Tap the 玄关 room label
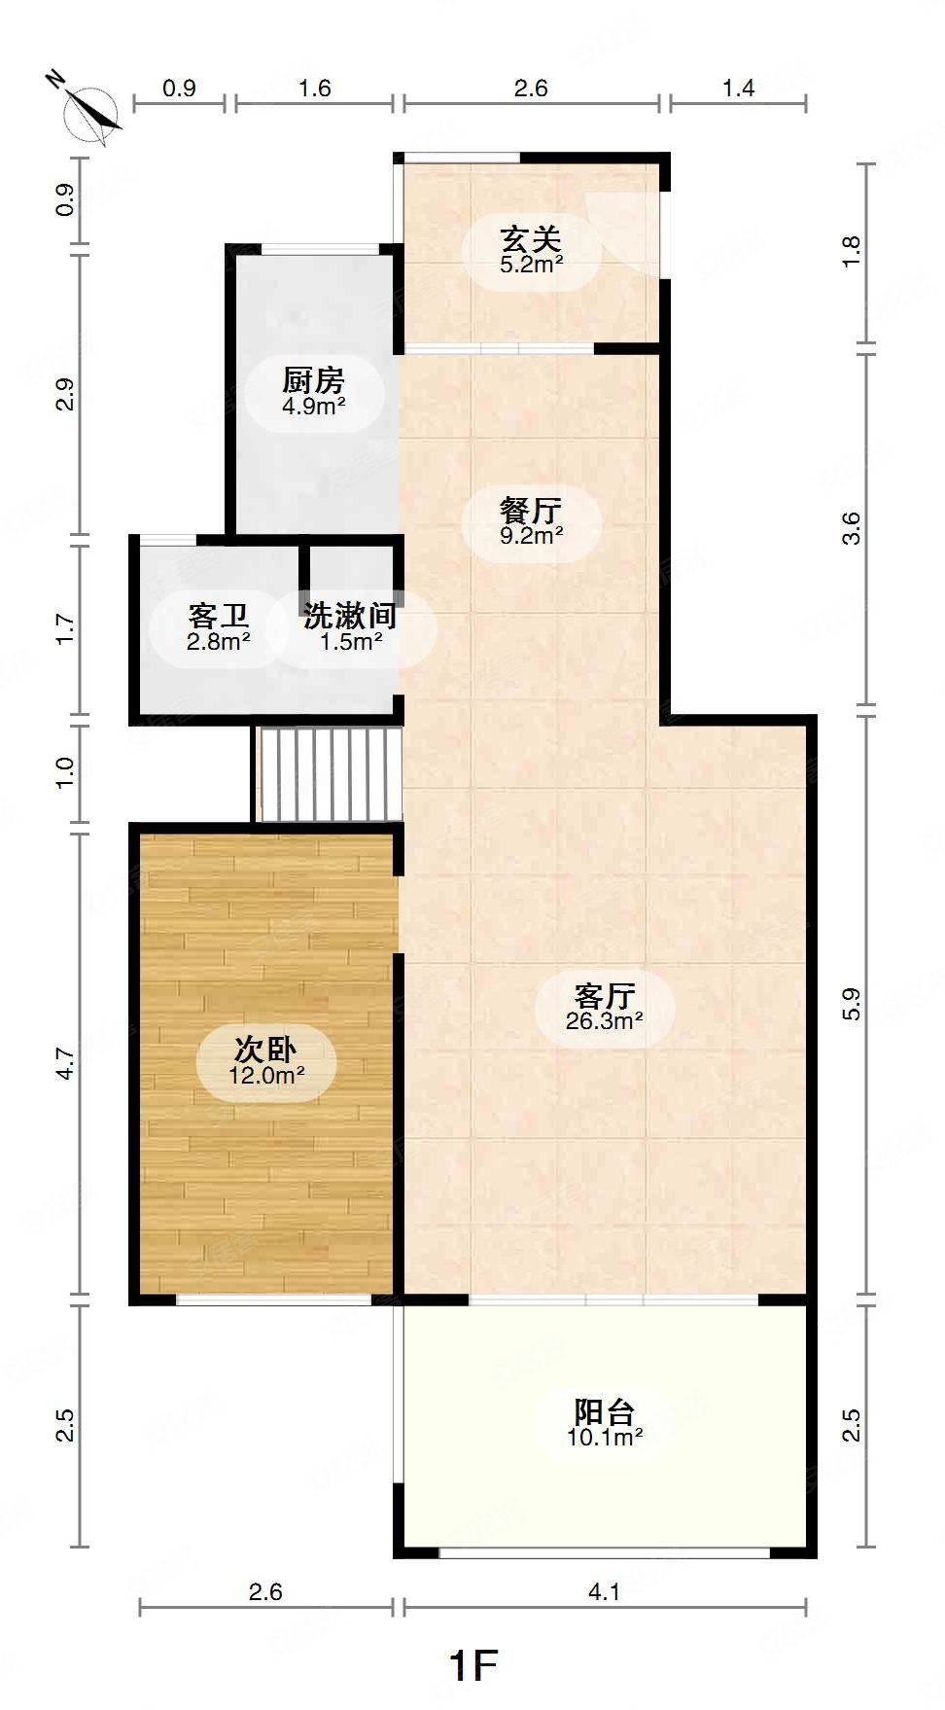531,238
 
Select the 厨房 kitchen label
312,380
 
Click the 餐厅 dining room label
531,509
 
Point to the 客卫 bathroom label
218,616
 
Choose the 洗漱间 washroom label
350,616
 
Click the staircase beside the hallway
329,775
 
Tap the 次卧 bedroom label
265,1050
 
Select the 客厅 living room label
604,995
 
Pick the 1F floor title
472,1666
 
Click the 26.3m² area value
604,1021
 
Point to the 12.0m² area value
266,1076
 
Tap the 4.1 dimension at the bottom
604,1592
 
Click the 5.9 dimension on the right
852,1004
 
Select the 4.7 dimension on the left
64,1063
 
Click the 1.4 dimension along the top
738,89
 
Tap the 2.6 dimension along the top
531,89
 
